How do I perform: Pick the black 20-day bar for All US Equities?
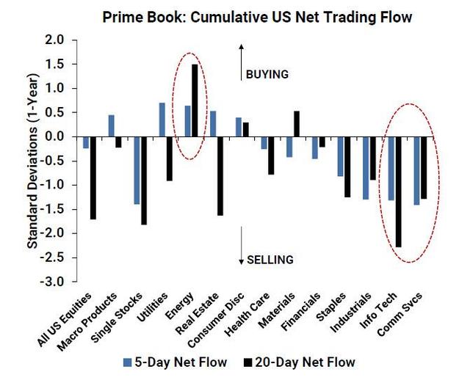point(93,178)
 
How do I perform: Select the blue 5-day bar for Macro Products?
point(112,125)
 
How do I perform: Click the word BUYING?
point(267,74)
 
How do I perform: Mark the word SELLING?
point(270,259)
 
